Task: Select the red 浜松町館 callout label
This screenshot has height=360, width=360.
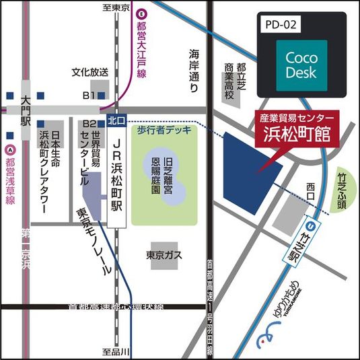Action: click(299, 127)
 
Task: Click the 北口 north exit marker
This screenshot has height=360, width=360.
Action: click(116, 122)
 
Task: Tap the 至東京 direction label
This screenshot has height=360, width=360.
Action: click(115, 8)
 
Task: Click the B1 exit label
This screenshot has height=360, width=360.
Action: click(89, 96)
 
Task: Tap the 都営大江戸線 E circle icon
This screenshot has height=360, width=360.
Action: click(141, 12)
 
